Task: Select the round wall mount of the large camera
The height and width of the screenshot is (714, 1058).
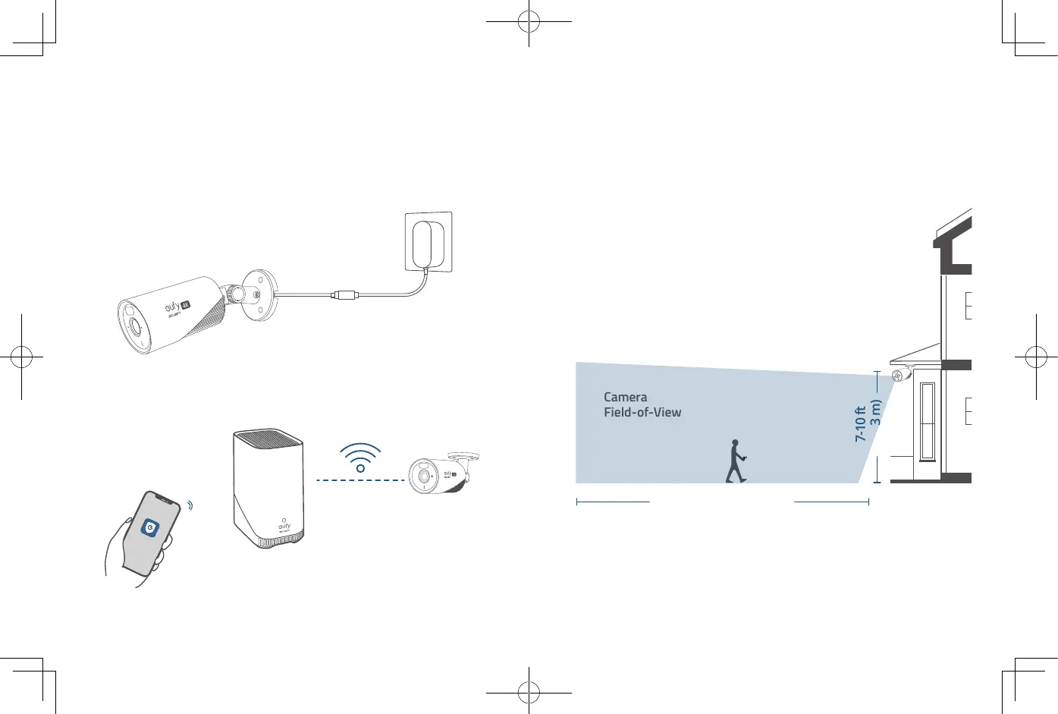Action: click(260, 294)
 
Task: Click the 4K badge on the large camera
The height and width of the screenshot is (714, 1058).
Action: click(184, 304)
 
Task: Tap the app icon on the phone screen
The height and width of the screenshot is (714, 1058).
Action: click(151, 527)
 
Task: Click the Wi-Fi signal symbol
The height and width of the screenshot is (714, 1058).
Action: click(360, 457)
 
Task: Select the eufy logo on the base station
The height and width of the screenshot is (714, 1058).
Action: click(284, 525)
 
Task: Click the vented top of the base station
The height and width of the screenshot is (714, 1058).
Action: click(268, 439)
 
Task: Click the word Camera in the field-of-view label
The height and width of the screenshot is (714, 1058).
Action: click(626, 397)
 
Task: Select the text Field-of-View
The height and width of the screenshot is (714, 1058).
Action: click(642, 413)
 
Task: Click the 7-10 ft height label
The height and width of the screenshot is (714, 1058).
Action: click(860, 424)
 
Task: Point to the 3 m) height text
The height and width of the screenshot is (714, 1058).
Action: click(876, 412)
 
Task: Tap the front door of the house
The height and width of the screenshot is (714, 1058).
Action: click(927, 422)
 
